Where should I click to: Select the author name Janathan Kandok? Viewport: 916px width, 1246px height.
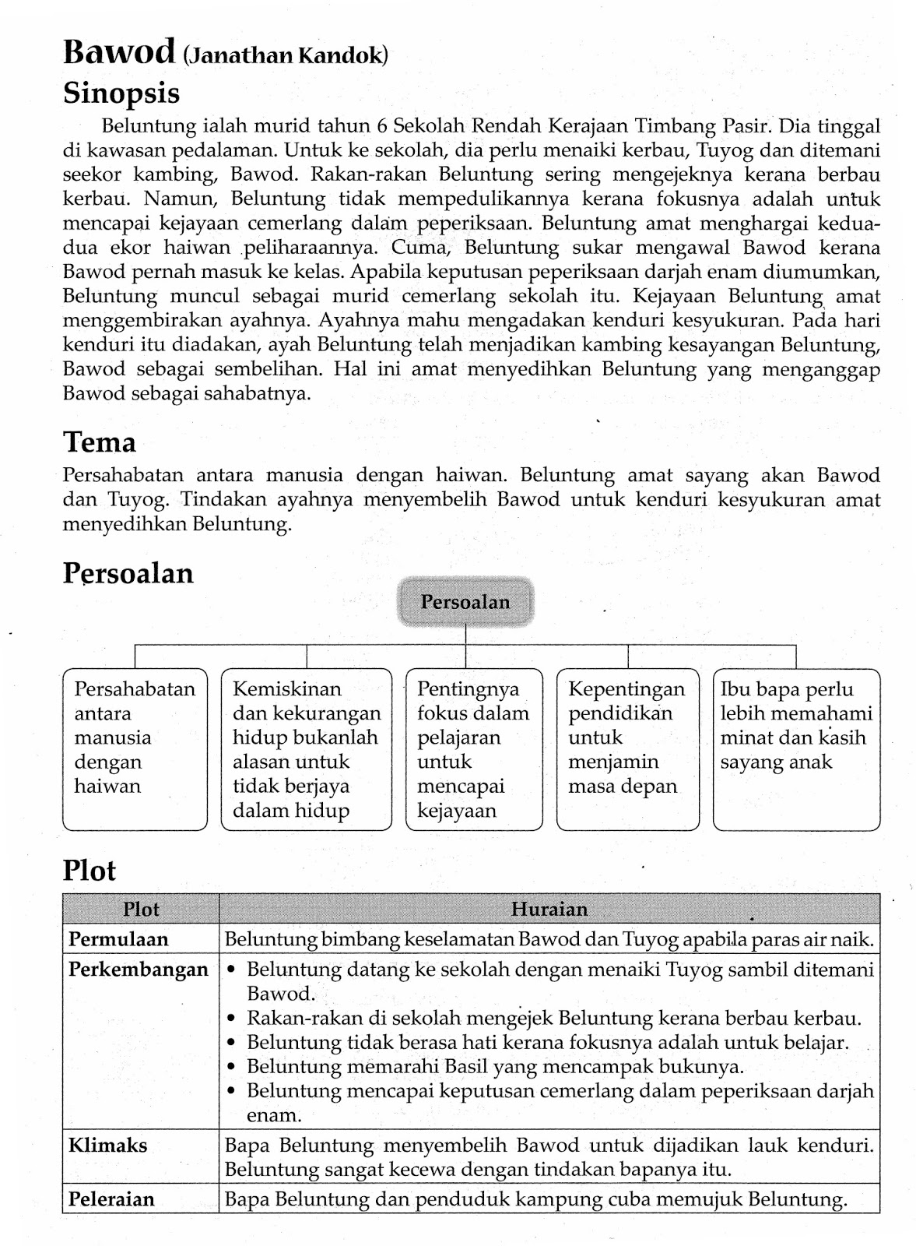point(286,55)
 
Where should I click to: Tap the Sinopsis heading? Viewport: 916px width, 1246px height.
point(121,93)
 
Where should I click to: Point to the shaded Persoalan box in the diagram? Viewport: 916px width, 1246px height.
point(465,602)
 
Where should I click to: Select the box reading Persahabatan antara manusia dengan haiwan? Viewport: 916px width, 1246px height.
point(135,749)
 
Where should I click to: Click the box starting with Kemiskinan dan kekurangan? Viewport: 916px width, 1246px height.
point(307,749)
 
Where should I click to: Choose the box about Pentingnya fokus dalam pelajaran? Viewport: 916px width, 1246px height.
point(473,749)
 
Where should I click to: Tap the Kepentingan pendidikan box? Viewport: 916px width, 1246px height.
point(626,749)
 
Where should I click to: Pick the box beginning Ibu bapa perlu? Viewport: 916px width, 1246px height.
point(796,749)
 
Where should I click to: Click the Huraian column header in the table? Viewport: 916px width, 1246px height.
point(549,909)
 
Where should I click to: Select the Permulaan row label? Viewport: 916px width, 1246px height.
point(118,939)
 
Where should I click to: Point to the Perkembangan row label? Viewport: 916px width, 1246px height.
point(138,970)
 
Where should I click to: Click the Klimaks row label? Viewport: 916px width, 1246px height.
point(107,1146)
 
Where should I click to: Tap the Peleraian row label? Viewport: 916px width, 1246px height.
point(111,1199)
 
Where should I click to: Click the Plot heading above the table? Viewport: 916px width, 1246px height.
point(89,871)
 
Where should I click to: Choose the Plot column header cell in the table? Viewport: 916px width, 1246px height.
point(140,909)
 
